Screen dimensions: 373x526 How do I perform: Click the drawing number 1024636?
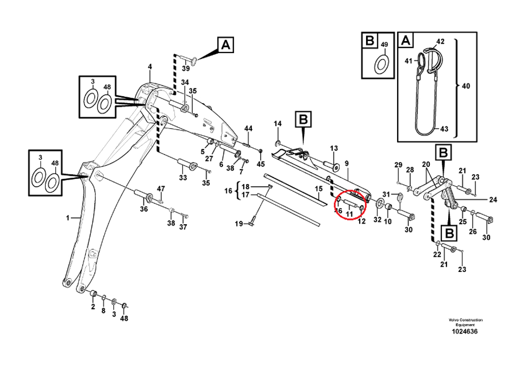click(x=466, y=332)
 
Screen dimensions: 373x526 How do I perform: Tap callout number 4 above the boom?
click(x=149, y=67)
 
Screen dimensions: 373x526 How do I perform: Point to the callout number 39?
click(x=186, y=69)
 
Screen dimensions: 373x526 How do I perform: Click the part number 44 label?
click(x=248, y=129)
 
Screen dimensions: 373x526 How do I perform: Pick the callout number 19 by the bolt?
click(x=238, y=224)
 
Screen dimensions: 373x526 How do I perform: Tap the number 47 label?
click(x=161, y=188)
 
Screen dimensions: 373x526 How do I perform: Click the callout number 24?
click(x=493, y=200)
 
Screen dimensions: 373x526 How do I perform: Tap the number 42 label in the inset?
click(x=441, y=41)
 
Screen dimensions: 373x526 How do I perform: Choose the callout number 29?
click(x=398, y=165)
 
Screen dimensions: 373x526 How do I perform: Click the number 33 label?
click(x=183, y=178)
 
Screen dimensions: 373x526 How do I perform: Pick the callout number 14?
click(x=278, y=124)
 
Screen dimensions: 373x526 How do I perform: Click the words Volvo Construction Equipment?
click(x=466, y=322)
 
